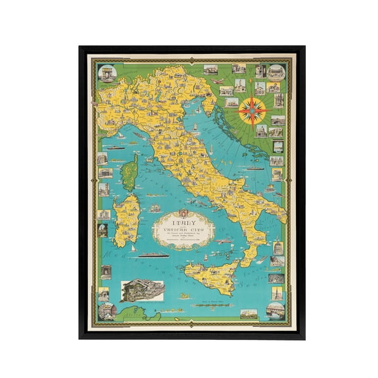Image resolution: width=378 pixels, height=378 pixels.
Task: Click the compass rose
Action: point(252,111)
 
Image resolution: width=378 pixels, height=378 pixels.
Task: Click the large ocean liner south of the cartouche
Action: point(152,257)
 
